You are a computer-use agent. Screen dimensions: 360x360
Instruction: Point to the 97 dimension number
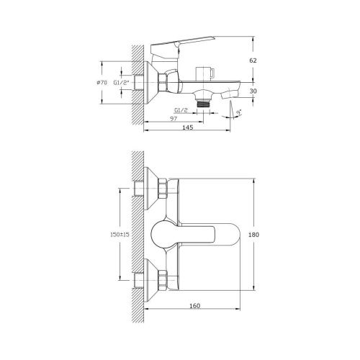pos(174,117)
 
